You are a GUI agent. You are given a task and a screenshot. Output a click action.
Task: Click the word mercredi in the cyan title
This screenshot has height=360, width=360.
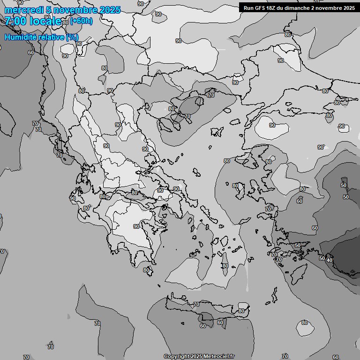(x=22, y=10)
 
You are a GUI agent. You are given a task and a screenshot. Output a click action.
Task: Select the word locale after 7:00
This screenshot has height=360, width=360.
(x=45, y=21)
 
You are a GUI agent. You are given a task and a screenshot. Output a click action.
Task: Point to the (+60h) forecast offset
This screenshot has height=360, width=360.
(x=81, y=21)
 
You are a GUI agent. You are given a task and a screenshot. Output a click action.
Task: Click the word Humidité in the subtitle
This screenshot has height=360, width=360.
(x=20, y=37)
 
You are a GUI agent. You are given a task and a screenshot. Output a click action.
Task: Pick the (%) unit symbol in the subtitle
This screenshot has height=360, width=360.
(x=72, y=37)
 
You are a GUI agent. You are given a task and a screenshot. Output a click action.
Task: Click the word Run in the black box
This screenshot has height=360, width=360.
(x=248, y=7)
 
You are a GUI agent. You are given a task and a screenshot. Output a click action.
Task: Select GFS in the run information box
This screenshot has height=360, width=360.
(x=261, y=7)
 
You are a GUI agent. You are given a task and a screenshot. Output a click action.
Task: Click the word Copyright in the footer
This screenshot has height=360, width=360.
(x=177, y=357)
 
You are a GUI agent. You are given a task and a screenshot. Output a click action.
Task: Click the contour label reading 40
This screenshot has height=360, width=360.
(x=330, y=260)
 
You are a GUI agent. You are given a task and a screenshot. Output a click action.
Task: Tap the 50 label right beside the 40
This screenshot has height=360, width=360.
(x=322, y=258)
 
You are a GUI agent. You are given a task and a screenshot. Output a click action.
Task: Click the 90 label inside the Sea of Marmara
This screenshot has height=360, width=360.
(x=272, y=125)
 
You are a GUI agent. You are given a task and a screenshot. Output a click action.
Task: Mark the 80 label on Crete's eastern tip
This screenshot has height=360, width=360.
(x=241, y=311)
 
